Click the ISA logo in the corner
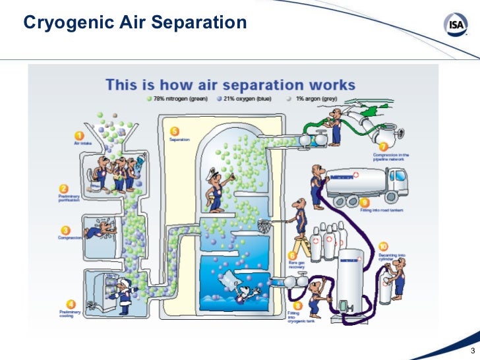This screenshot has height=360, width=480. [x=454, y=26]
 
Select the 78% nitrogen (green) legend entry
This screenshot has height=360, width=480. [x=177, y=98]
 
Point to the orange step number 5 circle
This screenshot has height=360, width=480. [x=175, y=131]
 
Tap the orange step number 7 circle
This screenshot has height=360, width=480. [x=382, y=146]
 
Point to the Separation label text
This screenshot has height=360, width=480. [x=180, y=140]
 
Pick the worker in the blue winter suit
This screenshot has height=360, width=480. [x=123, y=295]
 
